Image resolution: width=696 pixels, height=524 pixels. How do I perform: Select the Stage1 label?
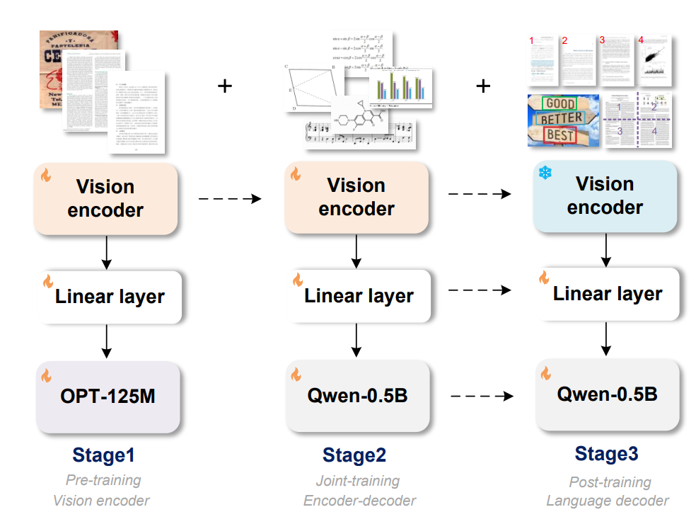point(103,455)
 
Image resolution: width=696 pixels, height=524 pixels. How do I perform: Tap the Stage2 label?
point(354,455)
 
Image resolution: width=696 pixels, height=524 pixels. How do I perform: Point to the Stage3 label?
point(606,453)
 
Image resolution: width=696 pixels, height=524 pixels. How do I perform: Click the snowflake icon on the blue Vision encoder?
point(545,173)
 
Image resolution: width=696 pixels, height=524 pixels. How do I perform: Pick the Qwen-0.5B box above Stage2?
point(357,395)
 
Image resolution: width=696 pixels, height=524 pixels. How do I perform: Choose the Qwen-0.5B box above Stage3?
point(607,394)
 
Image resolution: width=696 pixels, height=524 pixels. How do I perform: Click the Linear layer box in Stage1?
point(110,296)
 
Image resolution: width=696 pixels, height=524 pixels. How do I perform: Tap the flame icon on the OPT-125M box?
point(47,375)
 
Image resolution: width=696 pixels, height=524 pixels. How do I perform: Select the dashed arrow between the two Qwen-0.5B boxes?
point(481,396)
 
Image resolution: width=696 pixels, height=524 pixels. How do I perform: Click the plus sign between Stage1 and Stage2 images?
point(224,86)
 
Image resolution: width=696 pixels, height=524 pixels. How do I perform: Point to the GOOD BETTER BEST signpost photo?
point(563,120)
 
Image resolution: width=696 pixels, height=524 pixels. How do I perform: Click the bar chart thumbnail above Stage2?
point(400,88)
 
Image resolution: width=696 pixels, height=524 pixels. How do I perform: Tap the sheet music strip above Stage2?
point(359,135)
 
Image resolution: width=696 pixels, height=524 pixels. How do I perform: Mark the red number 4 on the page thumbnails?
point(641,40)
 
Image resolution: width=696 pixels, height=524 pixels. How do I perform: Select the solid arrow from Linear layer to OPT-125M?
point(106,341)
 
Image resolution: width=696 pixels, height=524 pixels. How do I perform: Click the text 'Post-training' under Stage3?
point(610,482)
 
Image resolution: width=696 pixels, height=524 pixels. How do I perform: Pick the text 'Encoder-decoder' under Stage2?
point(359,501)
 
